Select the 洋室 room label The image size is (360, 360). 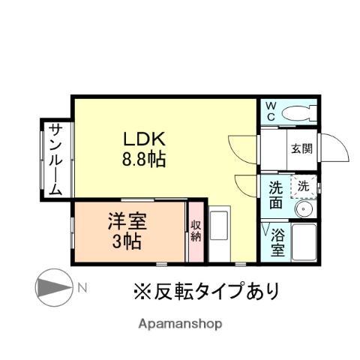point(126,223)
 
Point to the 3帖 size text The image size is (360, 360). point(126,241)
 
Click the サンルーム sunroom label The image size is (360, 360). point(55,159)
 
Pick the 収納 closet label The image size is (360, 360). point(195,230)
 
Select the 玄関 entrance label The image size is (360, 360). point(301,147)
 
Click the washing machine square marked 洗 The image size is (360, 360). point(303,185)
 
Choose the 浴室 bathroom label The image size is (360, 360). point(277,242)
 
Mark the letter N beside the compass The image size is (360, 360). point(82,286)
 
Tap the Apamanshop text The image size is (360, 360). point(179,324)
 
